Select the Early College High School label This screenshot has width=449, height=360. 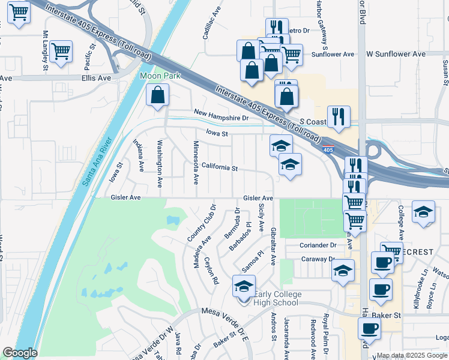[276, 298]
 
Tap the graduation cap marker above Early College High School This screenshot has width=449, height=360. [244, 287]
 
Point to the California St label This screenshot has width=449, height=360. [220, 167]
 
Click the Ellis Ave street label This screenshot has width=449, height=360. [97, 78]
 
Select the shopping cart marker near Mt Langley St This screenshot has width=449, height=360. [61, 52]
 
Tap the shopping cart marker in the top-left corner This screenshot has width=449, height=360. [19, 12]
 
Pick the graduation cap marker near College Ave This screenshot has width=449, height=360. [423, 212]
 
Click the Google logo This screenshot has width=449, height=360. [20, 353]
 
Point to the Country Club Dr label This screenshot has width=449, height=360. [200, 223]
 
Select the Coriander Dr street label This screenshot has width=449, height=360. [318, 245]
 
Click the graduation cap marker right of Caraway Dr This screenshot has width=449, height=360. [343, 271]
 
